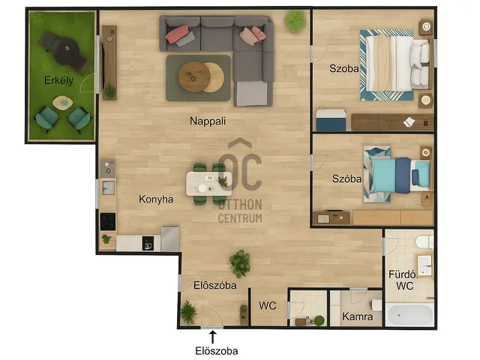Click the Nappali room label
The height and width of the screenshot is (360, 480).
point(208,121)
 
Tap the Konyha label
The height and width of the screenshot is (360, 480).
point(156,199)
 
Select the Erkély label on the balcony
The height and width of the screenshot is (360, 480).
point(58,80)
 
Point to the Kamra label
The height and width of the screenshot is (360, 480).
point(358,316)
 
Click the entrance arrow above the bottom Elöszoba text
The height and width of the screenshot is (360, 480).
point(212,337)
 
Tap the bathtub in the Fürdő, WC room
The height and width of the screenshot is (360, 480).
point(409,315)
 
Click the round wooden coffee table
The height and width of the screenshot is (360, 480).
point(194,76)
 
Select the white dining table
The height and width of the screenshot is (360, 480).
point(208,184)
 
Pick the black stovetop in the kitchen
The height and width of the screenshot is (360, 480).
point(108,221)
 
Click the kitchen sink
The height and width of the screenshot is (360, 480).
point(108,187)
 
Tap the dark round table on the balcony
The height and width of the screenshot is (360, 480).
point(67,50)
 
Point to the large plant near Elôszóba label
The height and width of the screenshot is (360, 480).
point(240,264)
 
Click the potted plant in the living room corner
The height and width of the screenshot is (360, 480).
point(295,22)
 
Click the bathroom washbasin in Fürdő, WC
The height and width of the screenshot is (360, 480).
point(425,265)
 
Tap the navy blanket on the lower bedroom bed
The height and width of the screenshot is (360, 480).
point(403,175)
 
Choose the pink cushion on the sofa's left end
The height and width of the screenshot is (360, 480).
point(177,33)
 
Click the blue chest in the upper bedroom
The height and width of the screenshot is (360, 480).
point(331,120)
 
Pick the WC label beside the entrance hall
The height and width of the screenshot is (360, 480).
point(267,305)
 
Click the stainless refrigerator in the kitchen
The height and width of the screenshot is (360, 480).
point(170,238)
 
